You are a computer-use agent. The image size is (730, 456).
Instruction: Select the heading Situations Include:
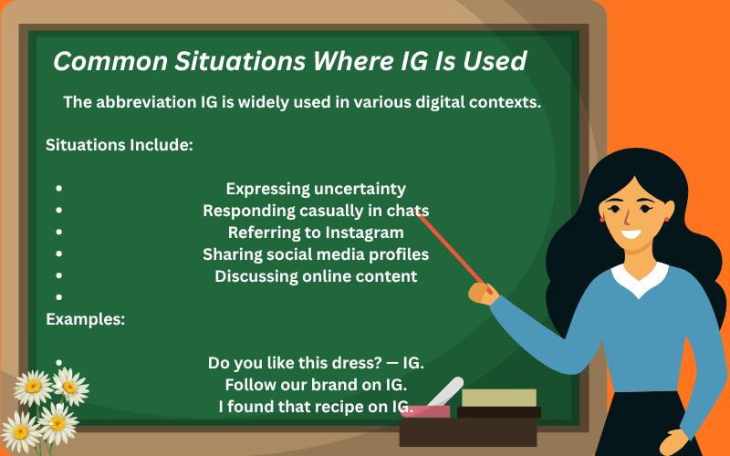(119, 144)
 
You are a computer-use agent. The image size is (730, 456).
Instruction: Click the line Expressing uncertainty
(316, 189)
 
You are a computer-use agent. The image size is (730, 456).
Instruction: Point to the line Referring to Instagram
(316, 233)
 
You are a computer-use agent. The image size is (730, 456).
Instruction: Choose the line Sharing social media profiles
(316, 254)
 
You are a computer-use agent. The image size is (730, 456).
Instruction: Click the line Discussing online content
(316, 276)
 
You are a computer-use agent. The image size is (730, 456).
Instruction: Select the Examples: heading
(86, 319)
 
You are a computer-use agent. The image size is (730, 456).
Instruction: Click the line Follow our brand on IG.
(316, 385)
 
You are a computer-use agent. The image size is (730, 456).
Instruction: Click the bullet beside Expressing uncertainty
(59, 189)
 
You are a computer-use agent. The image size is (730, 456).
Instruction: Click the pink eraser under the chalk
(424, 411)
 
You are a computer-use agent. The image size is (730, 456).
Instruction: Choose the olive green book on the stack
(498, 398)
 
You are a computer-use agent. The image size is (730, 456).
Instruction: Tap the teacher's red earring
(601, 219)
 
